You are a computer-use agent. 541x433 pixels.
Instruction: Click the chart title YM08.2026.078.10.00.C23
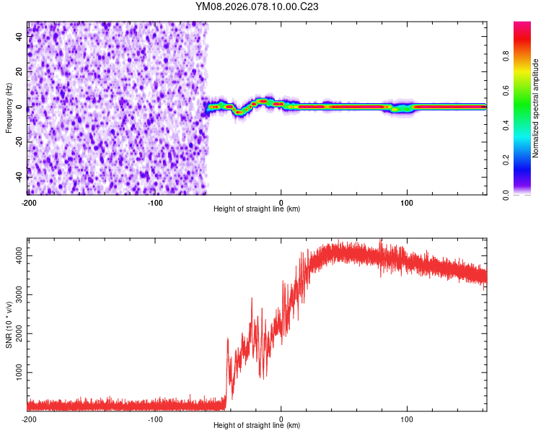tap(257, 7)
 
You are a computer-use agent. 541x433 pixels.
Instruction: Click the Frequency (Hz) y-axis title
tap(8, 108)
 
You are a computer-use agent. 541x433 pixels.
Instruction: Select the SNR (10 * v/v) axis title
tap(8, 324)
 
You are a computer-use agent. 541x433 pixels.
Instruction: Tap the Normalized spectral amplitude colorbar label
tap(536, 108)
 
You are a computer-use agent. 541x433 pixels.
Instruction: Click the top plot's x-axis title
tap(257, 209)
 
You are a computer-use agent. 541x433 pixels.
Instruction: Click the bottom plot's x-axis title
tap(257, 426)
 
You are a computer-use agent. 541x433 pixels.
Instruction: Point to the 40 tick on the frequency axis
tap(19, 38)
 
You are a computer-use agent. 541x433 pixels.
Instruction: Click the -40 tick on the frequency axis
tap(18, 177)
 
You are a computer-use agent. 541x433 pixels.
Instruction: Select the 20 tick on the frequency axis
tap(19, 72)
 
